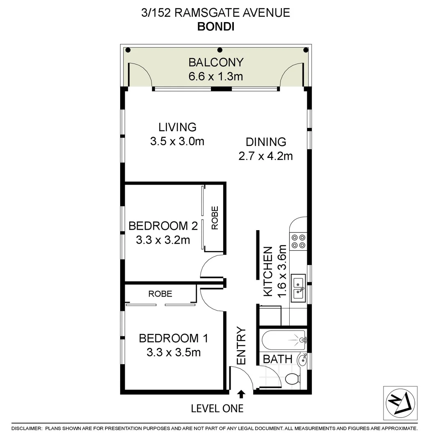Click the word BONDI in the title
tap(216, 26)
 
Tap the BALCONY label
tap(216, 62)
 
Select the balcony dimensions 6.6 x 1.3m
tap(216, 76)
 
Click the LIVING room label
tap(177, 127)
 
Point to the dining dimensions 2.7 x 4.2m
tap(265, 156)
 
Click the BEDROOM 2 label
tap(163, 226)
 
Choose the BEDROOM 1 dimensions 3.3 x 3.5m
tap(174, 352)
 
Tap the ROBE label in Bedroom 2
tap(215, 217)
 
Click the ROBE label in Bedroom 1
tap(160, 294)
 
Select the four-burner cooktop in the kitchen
tap(298, 241)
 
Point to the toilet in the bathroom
tap(292, 379)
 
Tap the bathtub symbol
tap(283, 340)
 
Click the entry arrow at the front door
tap(241, 394)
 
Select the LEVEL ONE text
tap(217, 409)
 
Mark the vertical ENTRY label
tap(241, 345)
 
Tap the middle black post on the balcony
tap(219, 50)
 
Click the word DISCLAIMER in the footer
tap(27, 429)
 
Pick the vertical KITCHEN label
tap(267, 271)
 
